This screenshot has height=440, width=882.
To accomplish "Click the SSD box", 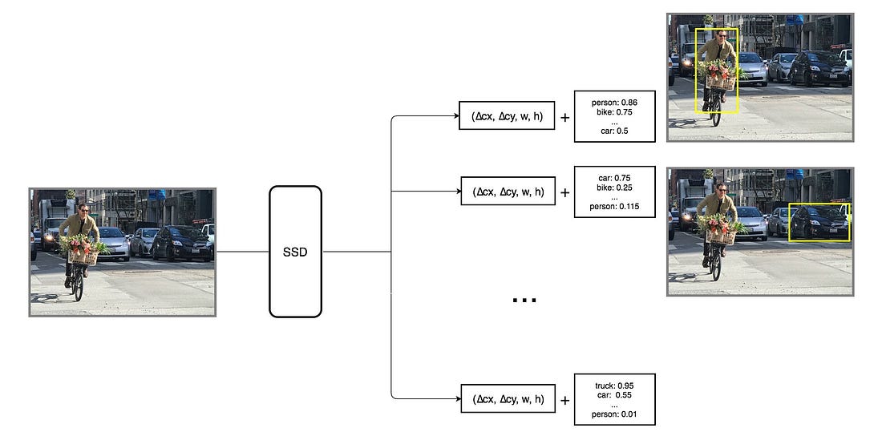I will tap(295, 251).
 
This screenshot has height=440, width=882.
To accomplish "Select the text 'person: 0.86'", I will tap(615, 103).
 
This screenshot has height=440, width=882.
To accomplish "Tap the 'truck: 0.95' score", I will tap(615, 386).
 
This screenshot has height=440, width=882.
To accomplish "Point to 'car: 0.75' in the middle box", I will tap(615, 178).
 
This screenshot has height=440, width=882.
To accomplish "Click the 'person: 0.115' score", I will tap(615, 206).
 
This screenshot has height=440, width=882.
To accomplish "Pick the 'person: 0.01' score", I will tap(615, 414).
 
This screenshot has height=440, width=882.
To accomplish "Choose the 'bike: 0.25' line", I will tap(615, 187).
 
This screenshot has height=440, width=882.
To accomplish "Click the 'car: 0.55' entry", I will tap(615, 395).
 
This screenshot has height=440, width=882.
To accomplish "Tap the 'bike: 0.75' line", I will tap(615, 112).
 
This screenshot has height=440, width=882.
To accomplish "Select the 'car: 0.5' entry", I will tap(615, 131).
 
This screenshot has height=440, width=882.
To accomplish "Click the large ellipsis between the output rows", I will tap(524, 301).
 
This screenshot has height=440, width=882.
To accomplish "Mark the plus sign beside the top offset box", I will tap(565, 118).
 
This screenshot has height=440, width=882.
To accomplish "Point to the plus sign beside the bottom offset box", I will tap(565, 399).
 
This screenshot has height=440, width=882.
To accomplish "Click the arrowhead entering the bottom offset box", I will tap(456, 398).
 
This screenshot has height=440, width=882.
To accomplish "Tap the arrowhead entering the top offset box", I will tap(456, 117).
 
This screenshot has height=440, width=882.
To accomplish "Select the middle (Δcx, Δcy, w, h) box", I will tap(508, 192).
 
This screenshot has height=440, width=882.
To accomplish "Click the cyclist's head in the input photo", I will tap(84, 208).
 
